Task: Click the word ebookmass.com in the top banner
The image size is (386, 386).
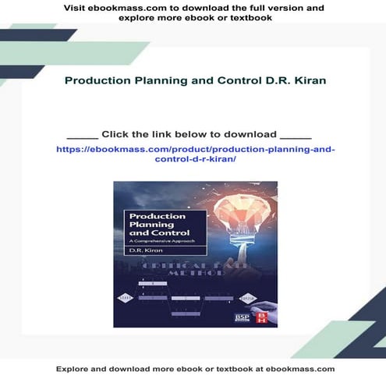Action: [118, 8]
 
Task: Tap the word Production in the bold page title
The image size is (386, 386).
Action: [90, 80]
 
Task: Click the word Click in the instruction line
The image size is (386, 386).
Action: [116, 133]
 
